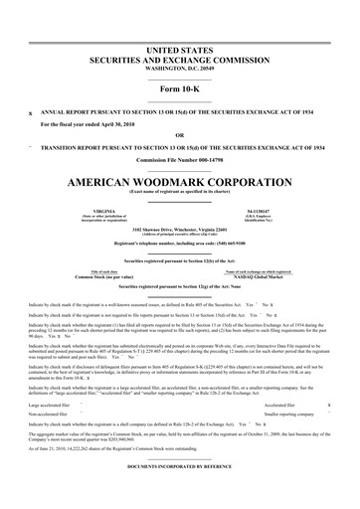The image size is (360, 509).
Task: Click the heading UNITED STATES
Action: pos(179,48)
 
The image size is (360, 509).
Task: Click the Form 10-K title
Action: pos(179,90)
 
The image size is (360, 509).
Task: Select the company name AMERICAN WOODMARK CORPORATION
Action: pos(179,184)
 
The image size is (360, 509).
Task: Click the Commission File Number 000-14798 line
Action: pos(179,162)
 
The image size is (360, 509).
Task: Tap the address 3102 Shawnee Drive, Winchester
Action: pos(179,230)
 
